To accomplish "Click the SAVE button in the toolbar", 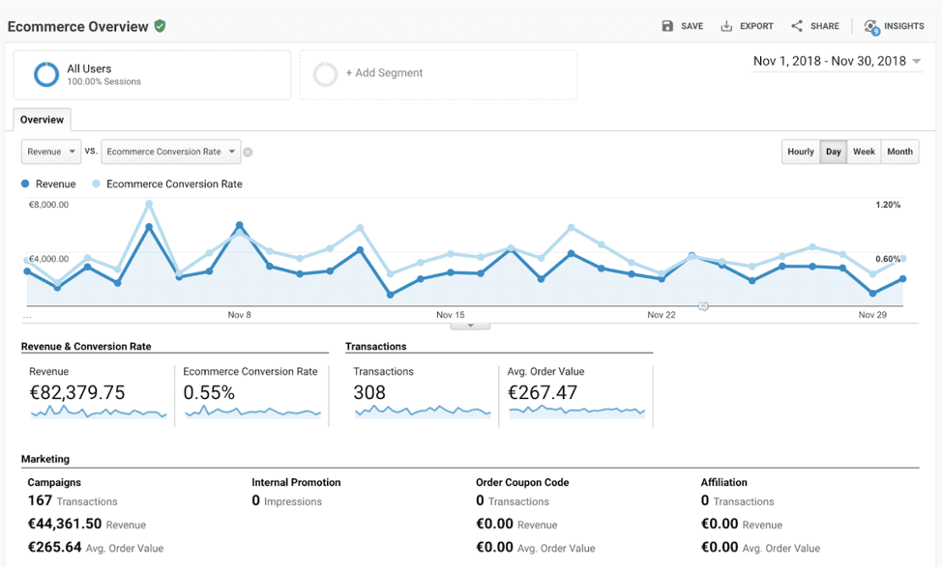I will click(x=682, y=26).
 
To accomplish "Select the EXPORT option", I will click(x=747, y=26).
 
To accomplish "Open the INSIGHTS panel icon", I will click(x=871, y=27).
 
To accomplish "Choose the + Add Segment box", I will click(x=437, y=73).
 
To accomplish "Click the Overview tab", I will click(x=42, y=120).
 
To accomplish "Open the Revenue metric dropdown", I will click(x=50, y=152).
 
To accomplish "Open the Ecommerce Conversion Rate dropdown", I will click(x=170, y=152).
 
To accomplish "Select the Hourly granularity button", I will click(x=800, y=152).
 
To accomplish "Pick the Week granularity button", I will click(x=864, y=152).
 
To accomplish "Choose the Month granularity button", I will click(x=899, y=152).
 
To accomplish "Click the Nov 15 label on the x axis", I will click(x=451, y=315).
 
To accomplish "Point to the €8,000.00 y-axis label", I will click(x=48, y=205).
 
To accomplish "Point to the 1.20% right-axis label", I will click(x=887, y=205).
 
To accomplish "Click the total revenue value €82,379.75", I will click(x=76, y=393).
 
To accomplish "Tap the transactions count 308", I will click(x=369, y=393).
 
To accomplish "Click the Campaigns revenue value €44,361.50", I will click(x=64, y=524).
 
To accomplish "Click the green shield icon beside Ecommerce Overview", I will click(x=160, y=26).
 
